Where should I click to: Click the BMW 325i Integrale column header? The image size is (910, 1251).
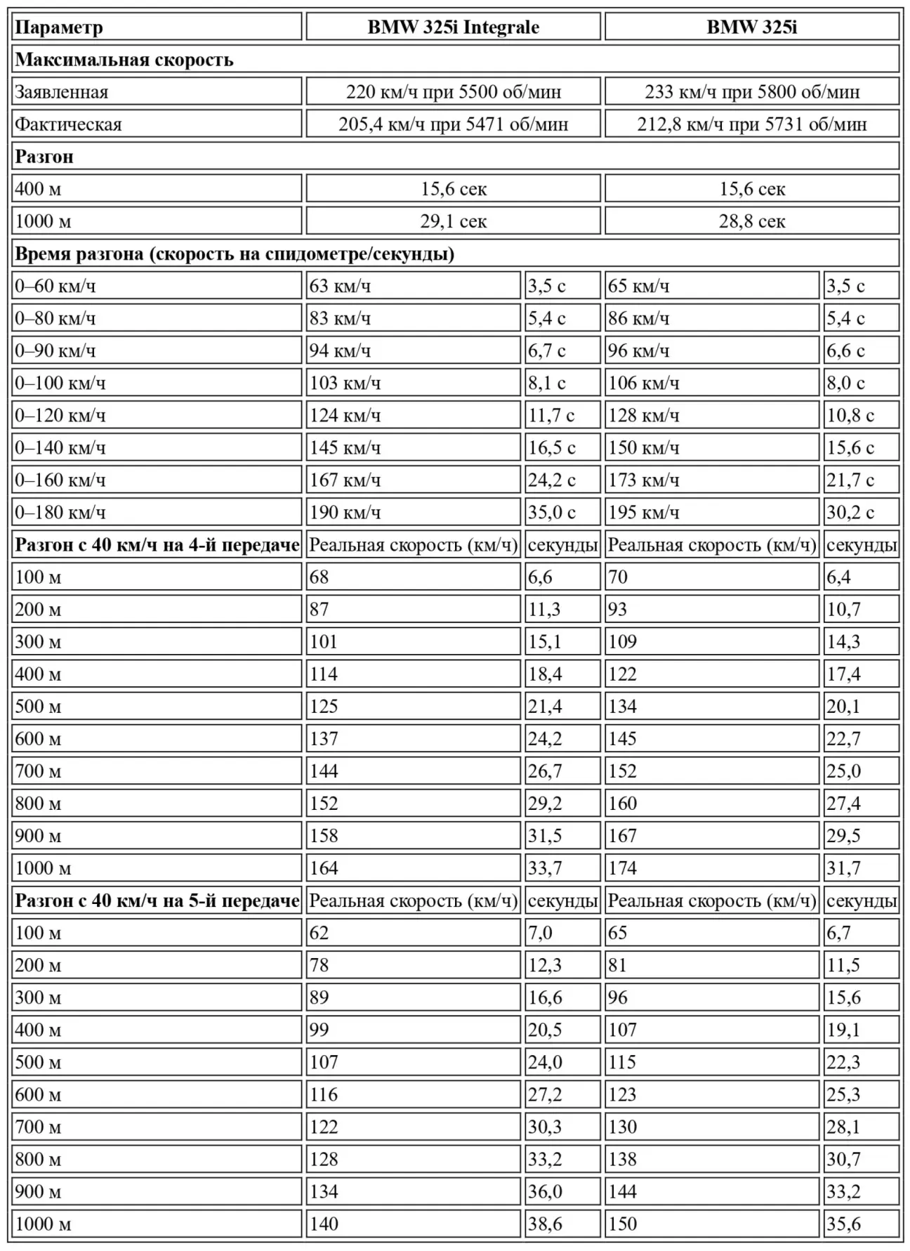pos(453,27)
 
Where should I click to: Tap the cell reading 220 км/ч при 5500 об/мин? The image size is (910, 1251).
pos(453,92)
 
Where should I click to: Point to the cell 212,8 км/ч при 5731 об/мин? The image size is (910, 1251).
pos(751,124)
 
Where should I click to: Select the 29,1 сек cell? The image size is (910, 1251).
pos(453,221)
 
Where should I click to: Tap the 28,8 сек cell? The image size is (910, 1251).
pos(751,221)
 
